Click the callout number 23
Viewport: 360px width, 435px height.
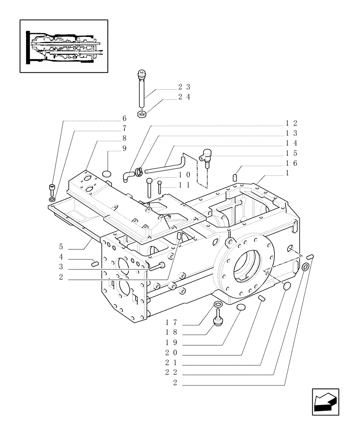[184, 87]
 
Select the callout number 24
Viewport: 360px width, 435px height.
[184, 97]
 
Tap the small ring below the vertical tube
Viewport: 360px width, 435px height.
[142, 114]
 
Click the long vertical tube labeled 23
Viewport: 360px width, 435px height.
[141, 89]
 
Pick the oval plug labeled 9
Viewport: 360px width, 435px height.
[107, 174]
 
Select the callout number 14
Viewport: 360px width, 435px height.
[291, 143]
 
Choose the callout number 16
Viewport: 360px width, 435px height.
[291, 164]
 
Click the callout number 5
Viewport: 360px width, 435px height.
[61, 246]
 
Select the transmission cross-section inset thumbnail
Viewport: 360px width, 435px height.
[64, 46]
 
